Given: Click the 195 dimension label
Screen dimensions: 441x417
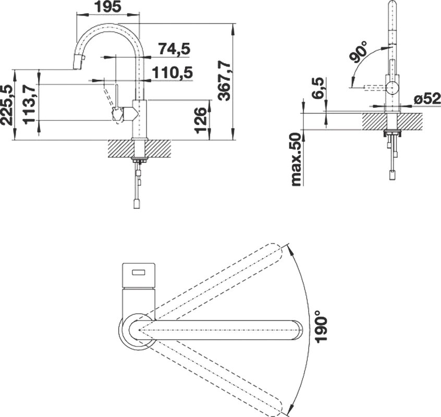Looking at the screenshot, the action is click(x=108, y=6).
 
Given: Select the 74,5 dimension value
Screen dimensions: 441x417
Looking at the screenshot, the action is click(x=175, y=48).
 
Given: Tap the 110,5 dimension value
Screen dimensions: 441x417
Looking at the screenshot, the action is click(x=172, y=73).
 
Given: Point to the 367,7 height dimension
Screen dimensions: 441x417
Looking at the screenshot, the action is click(x=224, y=81).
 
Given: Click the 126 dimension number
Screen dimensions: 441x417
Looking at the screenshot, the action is click(x=201, y=120).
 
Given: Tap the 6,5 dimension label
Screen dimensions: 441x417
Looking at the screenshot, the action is click(x=318, y=88).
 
